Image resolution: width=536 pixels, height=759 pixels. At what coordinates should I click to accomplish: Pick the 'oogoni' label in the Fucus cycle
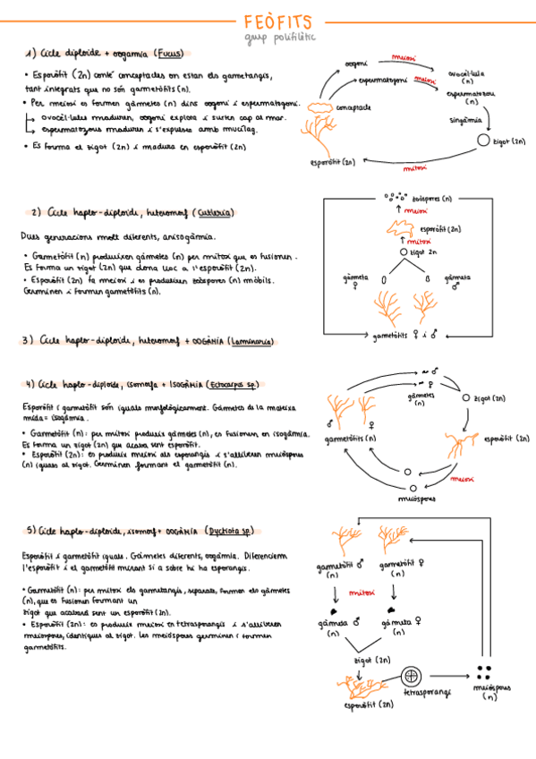tap(356, 64)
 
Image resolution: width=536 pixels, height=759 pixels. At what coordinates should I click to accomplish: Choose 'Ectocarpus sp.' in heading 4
tap(231, 385)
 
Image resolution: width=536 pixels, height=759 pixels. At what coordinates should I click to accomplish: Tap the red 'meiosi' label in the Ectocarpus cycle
tap(462, 479)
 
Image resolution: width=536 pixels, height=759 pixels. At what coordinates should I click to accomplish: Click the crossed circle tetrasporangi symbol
tap(412, 675)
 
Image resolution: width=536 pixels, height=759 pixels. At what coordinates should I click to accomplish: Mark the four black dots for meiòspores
tap(487, 673)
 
